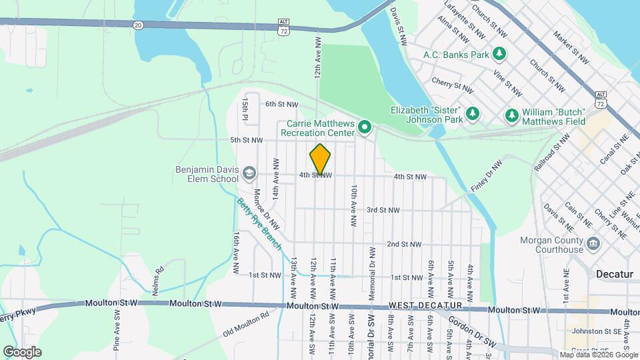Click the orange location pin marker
(321, 159)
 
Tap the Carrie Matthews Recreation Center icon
(365, 126)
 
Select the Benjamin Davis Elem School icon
(249, 173)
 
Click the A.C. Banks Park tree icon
(499, 53)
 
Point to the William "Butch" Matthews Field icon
(512, 115)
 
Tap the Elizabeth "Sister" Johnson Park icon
(472, 113)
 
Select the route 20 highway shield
(137, 25)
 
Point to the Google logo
(22, 351)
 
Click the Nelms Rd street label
(159, 275)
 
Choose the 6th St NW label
(282, 104)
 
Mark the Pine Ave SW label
(117, 330)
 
